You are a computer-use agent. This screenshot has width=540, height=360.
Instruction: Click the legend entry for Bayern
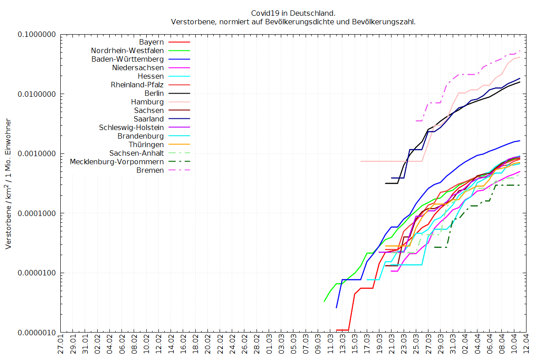tap(151, 42)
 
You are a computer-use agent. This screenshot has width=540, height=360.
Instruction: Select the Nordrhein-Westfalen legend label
tap(127, 51)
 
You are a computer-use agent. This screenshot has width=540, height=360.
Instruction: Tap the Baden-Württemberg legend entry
tap(127, 59)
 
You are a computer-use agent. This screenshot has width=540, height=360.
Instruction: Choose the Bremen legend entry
tap(150, 170)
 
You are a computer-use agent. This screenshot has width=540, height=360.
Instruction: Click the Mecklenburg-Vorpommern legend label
tap(117, 162)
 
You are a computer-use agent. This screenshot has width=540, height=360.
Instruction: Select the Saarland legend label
tap(148, 119)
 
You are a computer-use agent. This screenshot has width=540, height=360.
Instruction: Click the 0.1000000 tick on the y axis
tap(36, 35)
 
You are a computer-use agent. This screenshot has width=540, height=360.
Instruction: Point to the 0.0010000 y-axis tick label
tap(36, 154)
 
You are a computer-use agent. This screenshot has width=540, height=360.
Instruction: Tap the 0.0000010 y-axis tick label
tap(36, 333)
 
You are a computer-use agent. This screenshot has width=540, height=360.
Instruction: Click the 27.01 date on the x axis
tap(61, 346)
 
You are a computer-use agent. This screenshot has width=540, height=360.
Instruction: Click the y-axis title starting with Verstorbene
tap(9, 184)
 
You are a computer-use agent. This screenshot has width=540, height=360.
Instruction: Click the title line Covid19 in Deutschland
tap(293, 13)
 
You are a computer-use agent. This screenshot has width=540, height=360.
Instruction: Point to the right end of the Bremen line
tap(520, 51)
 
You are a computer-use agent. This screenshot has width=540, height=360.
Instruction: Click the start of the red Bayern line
tap(337, 330)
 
